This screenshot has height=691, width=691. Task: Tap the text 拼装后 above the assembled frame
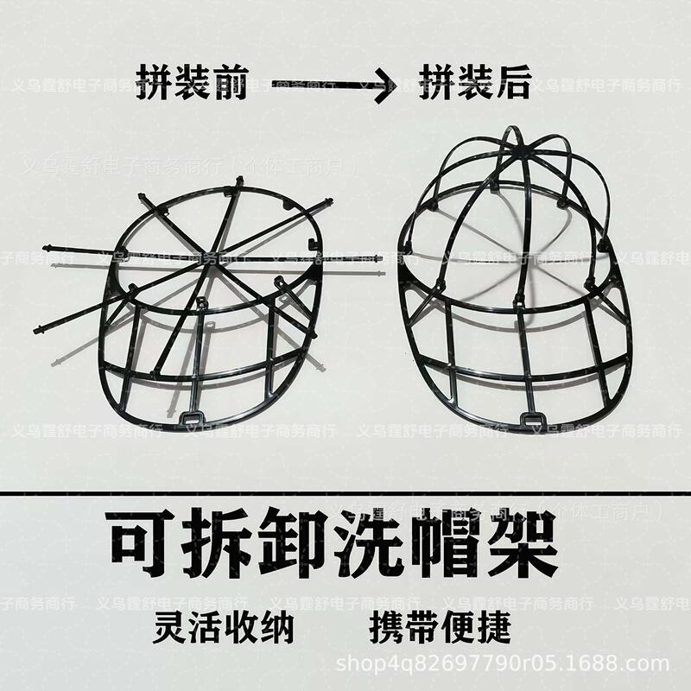(x=475, y=85)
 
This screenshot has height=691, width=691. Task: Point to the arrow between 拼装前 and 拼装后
(x=333, y=85)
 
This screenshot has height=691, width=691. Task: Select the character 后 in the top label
(x=513, y=85)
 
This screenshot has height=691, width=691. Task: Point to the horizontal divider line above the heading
(x=345, y=494)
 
